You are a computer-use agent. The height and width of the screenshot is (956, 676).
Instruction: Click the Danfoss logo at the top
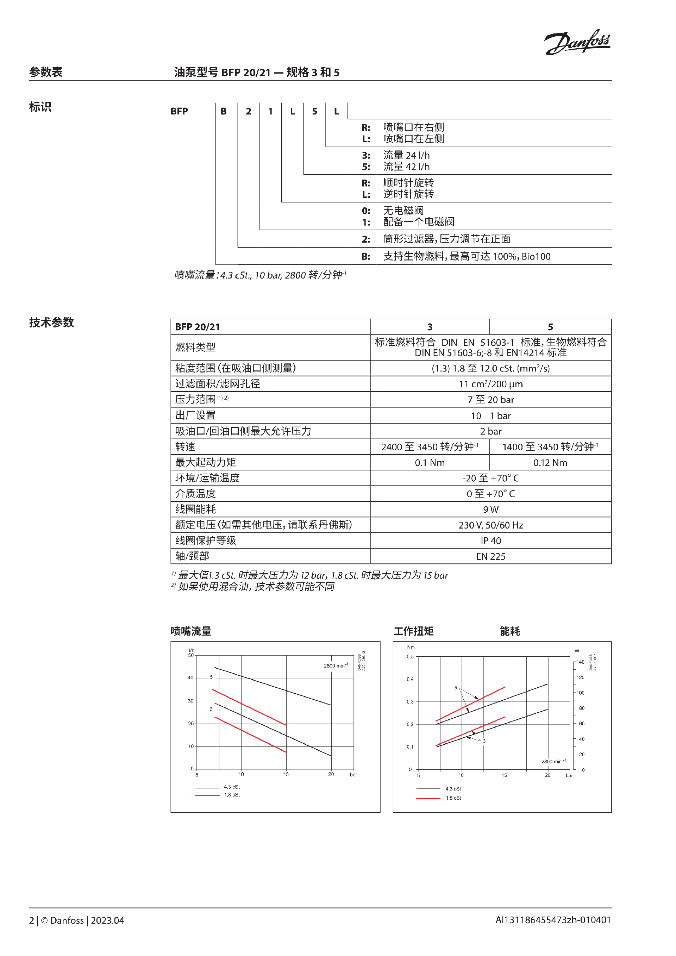click(577, 42)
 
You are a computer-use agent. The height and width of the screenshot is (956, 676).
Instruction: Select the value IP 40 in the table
click(491, 541)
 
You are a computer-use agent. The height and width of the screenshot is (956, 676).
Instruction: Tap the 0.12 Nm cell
click(550, 463)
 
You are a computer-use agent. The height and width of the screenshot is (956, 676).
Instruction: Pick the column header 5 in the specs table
click(550, 327)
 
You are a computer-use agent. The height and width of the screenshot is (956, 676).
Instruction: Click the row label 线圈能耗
click(195, 509)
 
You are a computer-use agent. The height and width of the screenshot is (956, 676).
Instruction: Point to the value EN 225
click(491, 556)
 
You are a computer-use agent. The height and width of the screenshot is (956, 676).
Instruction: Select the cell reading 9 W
click(491, 509)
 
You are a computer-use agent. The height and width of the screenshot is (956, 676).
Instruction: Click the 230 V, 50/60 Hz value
click(491, 525)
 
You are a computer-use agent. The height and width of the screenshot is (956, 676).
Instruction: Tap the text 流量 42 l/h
click(406, 167)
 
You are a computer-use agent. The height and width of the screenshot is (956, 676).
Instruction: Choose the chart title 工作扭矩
click(413, 631)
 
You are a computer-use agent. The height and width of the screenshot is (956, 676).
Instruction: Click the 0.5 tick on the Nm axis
click(410, 657)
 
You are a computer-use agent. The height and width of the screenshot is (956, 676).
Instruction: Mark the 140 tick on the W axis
click(580, 662)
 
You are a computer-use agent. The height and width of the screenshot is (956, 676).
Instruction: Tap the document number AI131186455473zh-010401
click(553, 920)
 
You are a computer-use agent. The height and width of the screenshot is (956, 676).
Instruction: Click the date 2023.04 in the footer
click(107, 920)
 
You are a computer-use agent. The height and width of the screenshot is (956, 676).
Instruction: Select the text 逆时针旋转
click(408, 194)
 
